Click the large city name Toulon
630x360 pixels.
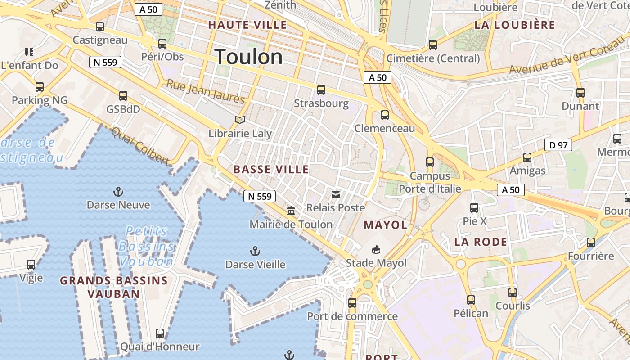point(249,57)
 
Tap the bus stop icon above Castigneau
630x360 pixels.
point(100,27)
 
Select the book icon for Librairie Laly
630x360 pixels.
point(240,120)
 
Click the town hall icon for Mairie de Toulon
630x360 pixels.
point(291,211)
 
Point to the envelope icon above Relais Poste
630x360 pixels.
point(336,194)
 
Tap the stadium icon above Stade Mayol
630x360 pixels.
point(376,249)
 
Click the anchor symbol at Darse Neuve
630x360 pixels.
point(118,192)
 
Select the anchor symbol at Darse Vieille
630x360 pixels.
point(255,251)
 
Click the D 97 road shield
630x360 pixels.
point(558,145)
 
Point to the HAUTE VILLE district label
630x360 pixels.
point(247,25)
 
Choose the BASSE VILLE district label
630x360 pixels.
point(271,170)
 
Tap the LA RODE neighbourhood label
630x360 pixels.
point(481,242)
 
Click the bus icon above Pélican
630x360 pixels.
point(471,300)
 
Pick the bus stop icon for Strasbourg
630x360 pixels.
point(321,90)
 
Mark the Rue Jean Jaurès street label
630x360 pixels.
point(206,91)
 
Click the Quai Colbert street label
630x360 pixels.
point(139,145)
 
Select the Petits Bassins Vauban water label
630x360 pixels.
point(146,246)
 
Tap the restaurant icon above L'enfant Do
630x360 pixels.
point(29,52)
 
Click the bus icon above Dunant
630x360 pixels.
point(580,93)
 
